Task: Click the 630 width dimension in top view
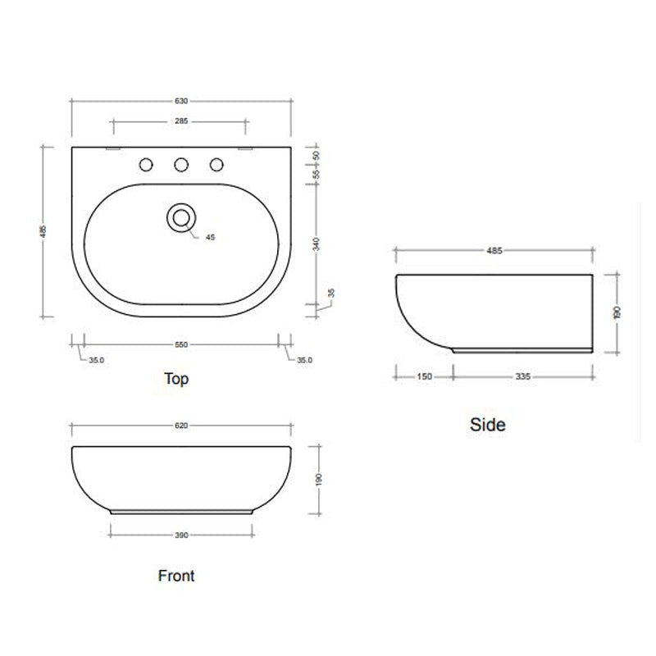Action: pos(181,101)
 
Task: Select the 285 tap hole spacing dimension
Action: pos(181,121)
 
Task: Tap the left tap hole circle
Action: pos(146,165)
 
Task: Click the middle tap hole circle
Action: pos(181,165)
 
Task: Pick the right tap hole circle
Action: pos(216,165)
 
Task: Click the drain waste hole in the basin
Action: pos(181,216)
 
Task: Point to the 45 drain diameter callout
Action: pos(210,237)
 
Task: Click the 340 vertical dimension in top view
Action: pos(316,244)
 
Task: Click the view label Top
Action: pos(176,379)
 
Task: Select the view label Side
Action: pos(488,425)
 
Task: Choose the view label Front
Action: pos(176,576)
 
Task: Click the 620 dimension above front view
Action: pos(181,426)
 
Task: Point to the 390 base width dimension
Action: pos(181,535)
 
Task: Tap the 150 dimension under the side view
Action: pos(424,377)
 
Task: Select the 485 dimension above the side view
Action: pos(494,250)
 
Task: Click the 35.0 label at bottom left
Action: pos(97,359)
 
